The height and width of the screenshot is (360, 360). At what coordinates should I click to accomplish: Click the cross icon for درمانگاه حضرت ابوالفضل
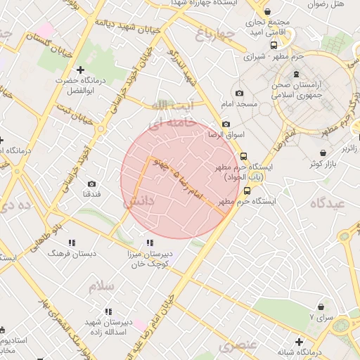pyautogui.click(x=80, y=70)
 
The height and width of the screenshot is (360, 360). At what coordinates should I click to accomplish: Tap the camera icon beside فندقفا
pyautogui.click(x=91, y=184)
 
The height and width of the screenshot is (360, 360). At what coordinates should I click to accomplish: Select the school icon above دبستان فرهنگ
pyautogui.click(x=71, y=242)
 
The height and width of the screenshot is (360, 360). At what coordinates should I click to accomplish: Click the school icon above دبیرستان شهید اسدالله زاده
pyautogui.click(x=108, y=311)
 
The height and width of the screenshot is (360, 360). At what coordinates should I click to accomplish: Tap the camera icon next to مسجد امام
pyautogui.click(x=239, y=94)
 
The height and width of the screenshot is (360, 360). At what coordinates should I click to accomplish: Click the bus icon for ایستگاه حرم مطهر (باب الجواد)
pyautogui.click(x=243, y=156)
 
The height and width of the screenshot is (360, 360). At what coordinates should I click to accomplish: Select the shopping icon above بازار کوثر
pyautogui.click(x=323, y=153)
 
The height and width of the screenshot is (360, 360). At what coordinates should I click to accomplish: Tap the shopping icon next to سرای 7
pyautogui.click(x=321, y=307)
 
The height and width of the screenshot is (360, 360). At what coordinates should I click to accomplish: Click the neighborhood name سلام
pyautogui.click(x=101, y=286)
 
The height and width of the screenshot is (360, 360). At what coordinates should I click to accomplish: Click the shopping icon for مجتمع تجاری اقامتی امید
pyautogui.click(x=267, y=12)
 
